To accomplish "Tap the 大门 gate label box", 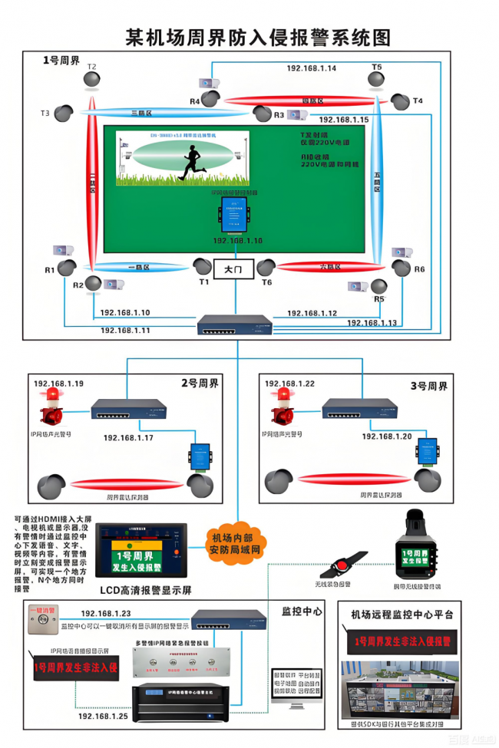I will click(x=233, y=270).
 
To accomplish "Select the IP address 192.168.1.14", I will click(x=312, y=68).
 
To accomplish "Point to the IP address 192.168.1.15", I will click(x=343, y=120).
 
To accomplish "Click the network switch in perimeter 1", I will click(x=234, y=325).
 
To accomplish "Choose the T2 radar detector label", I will click(x=92, y=67).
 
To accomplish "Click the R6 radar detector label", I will click(x=419, y=269).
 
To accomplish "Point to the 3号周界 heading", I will click(x=428, y=385).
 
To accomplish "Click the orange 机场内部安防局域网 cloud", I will click(x=236, y=542).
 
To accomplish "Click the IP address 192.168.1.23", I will click(x=105, y=614).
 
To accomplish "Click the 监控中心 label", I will click(x=302, y=611).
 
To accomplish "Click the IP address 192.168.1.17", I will click(x=128, y=437).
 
